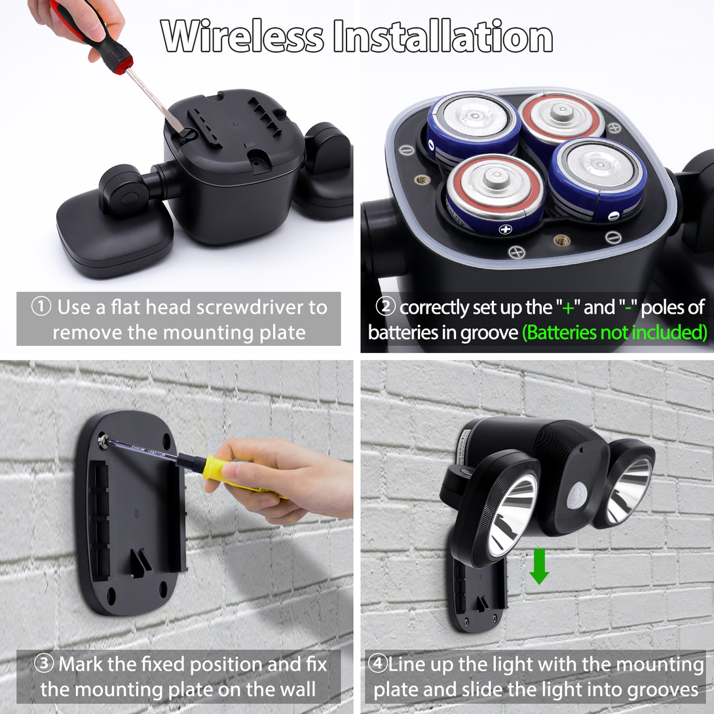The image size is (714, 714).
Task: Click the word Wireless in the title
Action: click(x=242, y=37)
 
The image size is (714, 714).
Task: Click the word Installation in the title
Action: click(x=443, y=37)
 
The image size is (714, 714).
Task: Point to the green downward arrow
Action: click(x=539, y=567)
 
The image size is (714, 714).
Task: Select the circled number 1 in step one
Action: click(x=41, y=307)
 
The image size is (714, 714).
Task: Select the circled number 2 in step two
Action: click(x=385, y=307)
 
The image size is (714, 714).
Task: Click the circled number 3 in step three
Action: click(x=44, y=664)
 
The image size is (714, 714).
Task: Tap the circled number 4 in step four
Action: click(x=378, y=664)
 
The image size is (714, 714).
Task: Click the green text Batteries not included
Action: click(x=614, y=332)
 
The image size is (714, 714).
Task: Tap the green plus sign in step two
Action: click(x=568, y=309)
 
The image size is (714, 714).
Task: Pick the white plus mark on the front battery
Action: click(x=506, y=229)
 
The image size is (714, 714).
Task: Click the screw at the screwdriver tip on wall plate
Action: click(x=103, y=440)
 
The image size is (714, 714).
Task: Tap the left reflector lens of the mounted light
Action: click(x=513, y=516)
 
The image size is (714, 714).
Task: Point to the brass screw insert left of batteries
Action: click(x=422, y=180)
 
